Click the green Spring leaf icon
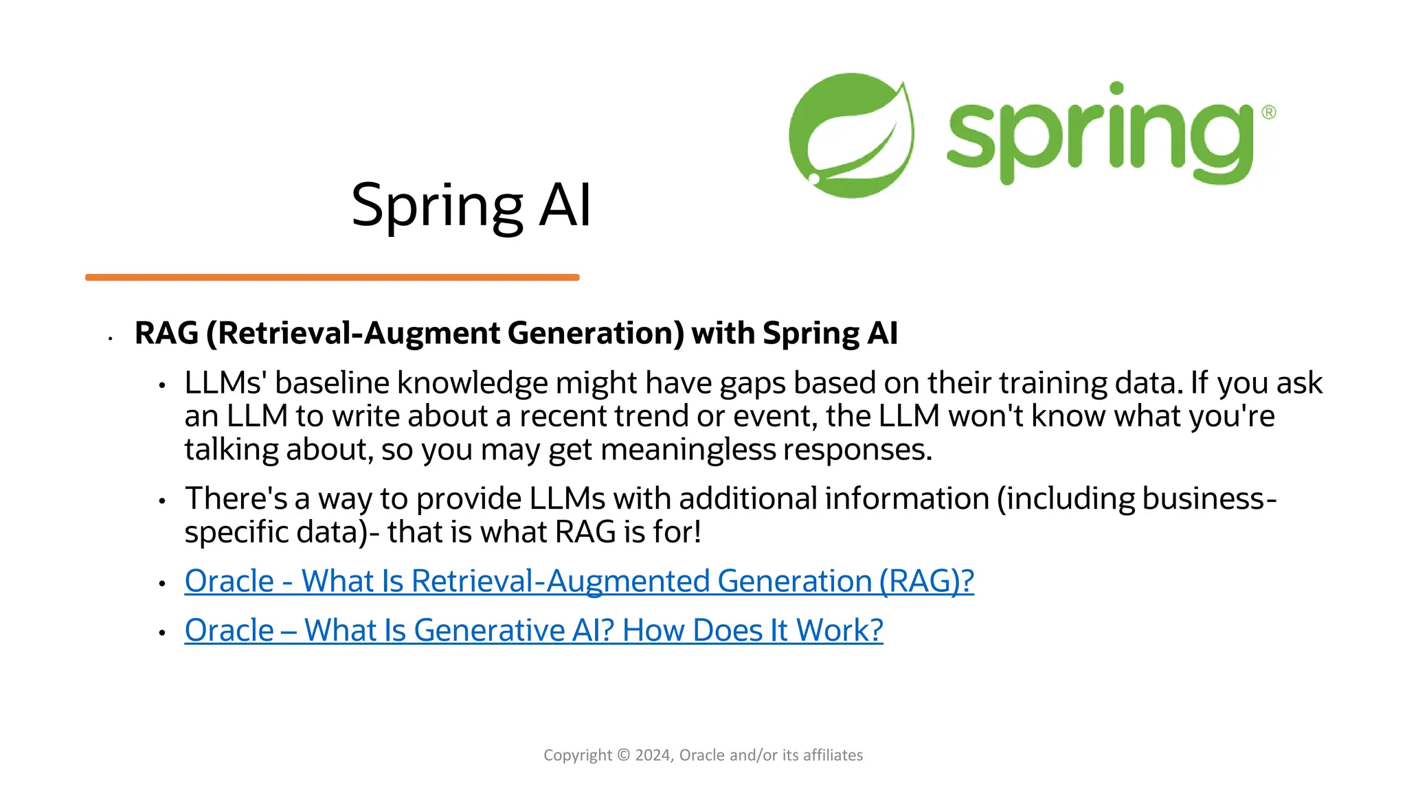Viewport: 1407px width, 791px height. (851, 135)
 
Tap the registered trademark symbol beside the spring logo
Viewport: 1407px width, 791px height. (1268, 112)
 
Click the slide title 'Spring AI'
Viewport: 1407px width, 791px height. (471, 205)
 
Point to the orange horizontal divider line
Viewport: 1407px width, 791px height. (332, 277)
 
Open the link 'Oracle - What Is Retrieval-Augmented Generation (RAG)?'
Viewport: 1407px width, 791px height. (578, 582)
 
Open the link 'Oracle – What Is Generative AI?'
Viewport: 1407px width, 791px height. (533, 630)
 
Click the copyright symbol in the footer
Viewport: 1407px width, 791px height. (623, 755)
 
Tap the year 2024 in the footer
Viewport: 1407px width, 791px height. (653, 755)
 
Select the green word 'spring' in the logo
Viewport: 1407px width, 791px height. (1099, 134)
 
